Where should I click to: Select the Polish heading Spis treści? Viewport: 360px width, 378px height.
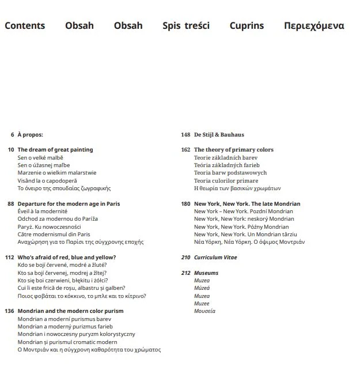pyautogui.click(x=186, y=26)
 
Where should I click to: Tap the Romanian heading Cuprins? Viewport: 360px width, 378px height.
pyautogui.click(x=247, y=26)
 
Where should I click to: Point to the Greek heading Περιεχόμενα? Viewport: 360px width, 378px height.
pyautogui.click(x=314, y=26)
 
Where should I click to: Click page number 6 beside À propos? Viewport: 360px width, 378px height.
pyautogui.click(x=12, y=135)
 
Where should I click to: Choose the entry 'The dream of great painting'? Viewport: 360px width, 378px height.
pyautogui.click(x=55, y=150)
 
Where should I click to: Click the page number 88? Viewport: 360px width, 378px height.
pyautogui.click(x=10, y=204)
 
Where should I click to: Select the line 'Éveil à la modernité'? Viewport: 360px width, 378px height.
pyautogui.click(x=43, y=211)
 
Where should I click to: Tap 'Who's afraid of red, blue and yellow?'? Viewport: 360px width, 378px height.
pyautogui.click(x=67, y=258)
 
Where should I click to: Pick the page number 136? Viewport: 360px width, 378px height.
pyautogui.click(x=9, y=311)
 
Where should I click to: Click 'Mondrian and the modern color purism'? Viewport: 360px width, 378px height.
pyautogui.click(x=70, y=311)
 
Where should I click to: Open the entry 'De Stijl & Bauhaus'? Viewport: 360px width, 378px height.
pyautogui.click(x=219, y=135)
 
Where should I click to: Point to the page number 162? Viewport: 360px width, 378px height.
pyautogui.click(x=185, y=150)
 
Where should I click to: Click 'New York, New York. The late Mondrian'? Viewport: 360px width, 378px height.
pyautogui.click(x=247, y=204)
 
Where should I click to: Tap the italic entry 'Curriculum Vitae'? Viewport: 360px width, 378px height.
pyautogui.click(x=215, y=258)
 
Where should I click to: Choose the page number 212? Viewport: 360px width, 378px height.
pyautogui.click(x=185, y=273)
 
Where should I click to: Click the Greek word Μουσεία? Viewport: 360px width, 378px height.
pyautogui.click(x=204, y=311)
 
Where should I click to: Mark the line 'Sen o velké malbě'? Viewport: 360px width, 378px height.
pyautogui.click(x=40, y=157)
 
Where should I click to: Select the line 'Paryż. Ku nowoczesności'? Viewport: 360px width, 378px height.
pyautogui.click(x=49, y=227)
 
